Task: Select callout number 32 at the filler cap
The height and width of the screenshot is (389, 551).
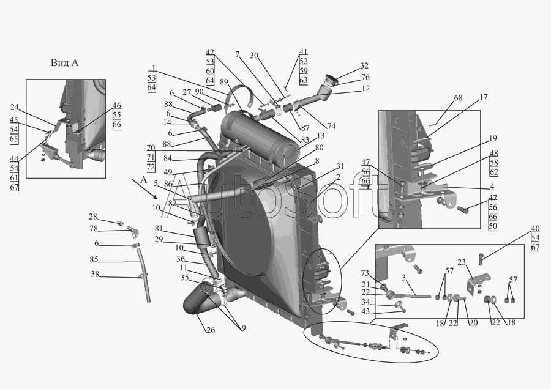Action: pyautogui.click(x=364, y=66)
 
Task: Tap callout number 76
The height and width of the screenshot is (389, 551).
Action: pyautogui.click(x=365, y=78)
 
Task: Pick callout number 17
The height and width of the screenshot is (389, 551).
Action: pyautogui.click(x=483, y=98)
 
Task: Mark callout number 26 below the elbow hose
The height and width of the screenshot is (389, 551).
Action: pyautogui.click(x=210, y=331)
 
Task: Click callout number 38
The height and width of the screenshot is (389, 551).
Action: pyautogui.click(x=95, y=275)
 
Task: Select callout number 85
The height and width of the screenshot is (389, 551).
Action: pyautogui.click(x=94, y=259)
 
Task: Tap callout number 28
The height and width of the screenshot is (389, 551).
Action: pyautogui.click(x=93, y=217)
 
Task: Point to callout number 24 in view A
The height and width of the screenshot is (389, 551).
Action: pyautogui.click(x=13, y=107)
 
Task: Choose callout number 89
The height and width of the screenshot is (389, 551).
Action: pyautogui.click(x=223, y=82)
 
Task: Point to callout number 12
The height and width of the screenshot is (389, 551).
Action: pyautogui.click(x=365, y=89)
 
